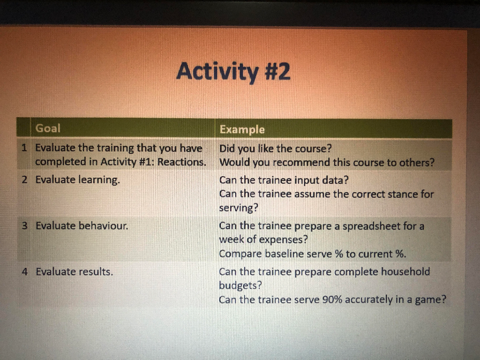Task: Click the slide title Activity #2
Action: (233, 72)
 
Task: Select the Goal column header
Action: (48, 128)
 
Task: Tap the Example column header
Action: (242, 129)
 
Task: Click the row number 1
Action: (24, 148)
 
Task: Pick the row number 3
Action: (25, 226)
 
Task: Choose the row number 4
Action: (25, 271)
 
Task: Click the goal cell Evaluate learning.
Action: (78, 180)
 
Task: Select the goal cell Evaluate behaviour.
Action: (82, 226)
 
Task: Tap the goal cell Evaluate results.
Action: (75, 271)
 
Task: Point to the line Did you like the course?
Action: (276, 149)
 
